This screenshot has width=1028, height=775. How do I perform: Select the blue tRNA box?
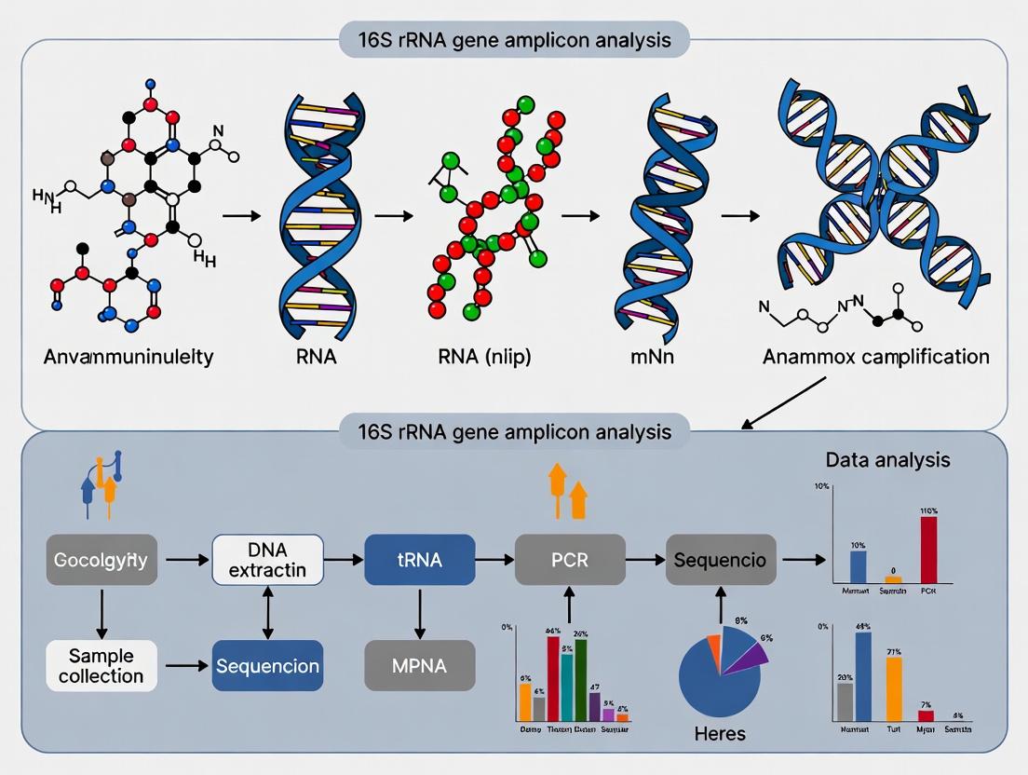[419, 559]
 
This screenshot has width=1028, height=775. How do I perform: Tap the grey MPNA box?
[419, 665]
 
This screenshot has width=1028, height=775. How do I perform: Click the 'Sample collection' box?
[101, 665]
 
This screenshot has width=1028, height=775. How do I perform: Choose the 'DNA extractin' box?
[268, 559]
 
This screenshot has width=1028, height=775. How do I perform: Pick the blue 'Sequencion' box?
[268, 665]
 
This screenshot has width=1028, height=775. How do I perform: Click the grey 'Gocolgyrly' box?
[101, 561]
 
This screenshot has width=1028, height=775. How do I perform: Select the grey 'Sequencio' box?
[721, 559]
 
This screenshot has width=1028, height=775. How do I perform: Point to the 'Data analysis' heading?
[887, 459]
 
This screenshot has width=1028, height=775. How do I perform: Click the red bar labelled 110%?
[928, 550]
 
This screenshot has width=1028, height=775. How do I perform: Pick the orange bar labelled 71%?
[894, 689]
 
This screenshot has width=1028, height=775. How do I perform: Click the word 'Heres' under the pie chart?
[720, 734]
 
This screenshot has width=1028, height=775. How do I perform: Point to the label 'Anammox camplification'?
[875, 357]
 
